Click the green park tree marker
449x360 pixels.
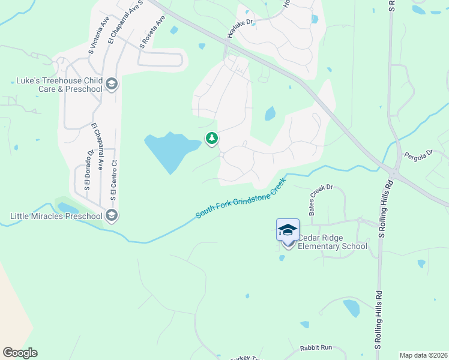211,139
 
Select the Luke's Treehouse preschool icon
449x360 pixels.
111,85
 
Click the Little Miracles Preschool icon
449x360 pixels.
110,215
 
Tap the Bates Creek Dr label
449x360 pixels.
321,200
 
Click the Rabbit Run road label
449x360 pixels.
316,348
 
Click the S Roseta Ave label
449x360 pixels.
152,32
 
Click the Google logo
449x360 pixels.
20,353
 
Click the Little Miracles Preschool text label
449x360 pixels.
56,215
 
